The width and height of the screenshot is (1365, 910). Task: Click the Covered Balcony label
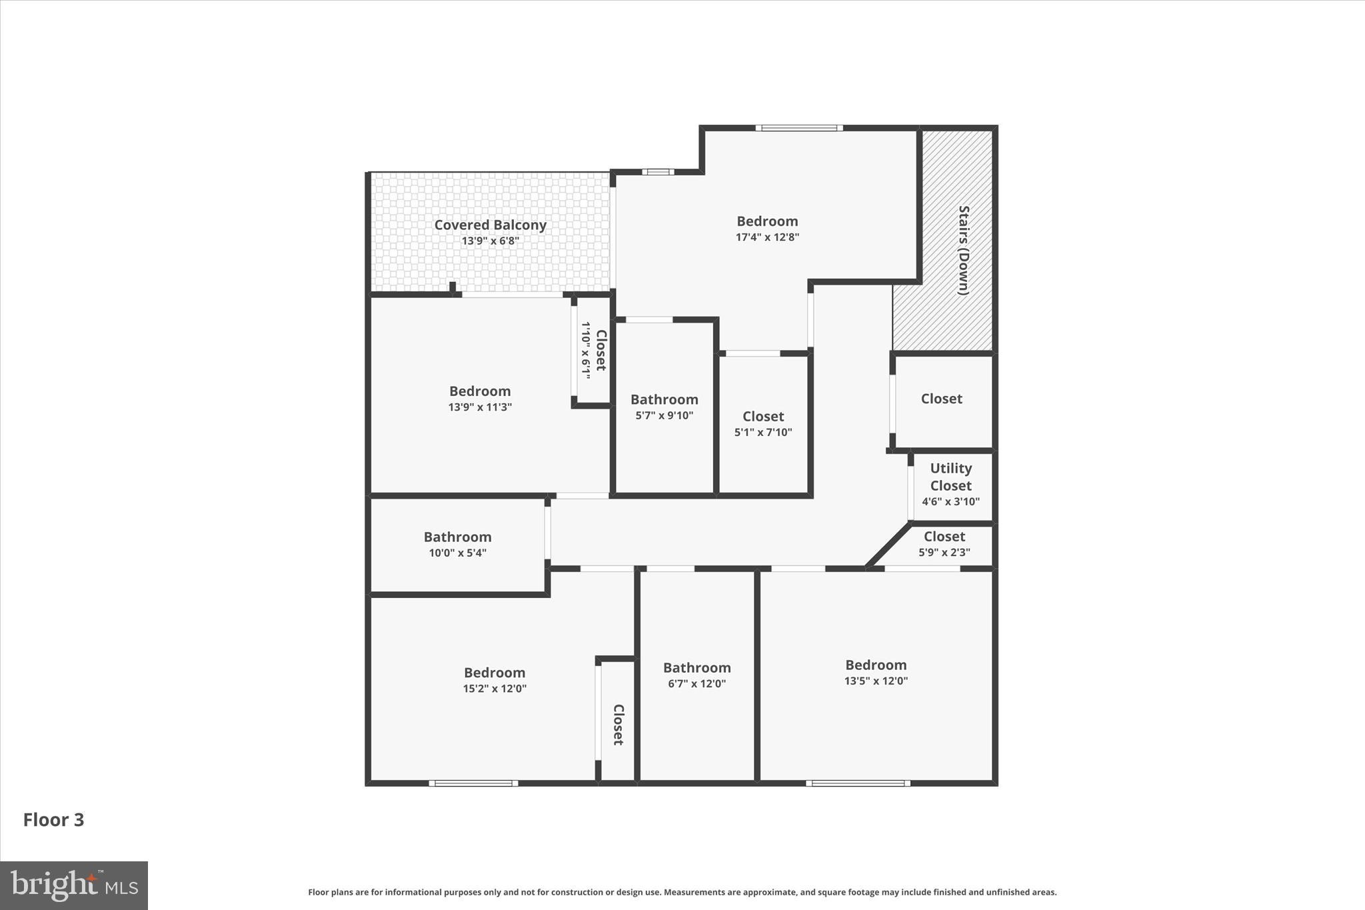[x=490, y=225]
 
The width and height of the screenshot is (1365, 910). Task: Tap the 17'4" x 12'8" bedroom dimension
[x=767, y=237]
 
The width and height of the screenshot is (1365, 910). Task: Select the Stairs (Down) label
[x=963, y=250]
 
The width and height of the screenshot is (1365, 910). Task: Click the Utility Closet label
[x=950, y=477]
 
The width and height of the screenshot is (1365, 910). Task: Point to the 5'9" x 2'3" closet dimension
[x=944, y=552]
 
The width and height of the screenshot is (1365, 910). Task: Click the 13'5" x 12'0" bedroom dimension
[x=876, y=681]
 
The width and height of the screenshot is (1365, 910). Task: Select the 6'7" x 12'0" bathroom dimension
[x=696, y=683]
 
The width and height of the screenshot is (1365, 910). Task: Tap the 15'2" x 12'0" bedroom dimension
[x=495, y=689]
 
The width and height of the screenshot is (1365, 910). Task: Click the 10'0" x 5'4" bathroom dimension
[x=457, y=553]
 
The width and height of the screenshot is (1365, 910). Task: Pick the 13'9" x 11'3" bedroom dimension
[x=480, y=407]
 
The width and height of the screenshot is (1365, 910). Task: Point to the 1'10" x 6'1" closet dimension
[x=586, y=351]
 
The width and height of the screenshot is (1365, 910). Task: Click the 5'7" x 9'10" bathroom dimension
[x=664, y=415]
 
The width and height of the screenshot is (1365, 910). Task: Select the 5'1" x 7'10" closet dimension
[x=763, y=432]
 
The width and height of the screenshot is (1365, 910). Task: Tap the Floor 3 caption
[x=54, y=820]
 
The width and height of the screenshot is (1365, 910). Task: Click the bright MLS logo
[x=74, y=885]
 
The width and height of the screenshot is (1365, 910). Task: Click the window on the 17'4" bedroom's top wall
[x=798, y=128]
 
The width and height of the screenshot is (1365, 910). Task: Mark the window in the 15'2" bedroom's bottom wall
[x=473, y=783]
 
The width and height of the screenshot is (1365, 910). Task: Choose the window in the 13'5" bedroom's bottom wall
[x=858, y=783]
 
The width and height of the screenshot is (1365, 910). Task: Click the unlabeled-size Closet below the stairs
[x=941, y=399]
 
